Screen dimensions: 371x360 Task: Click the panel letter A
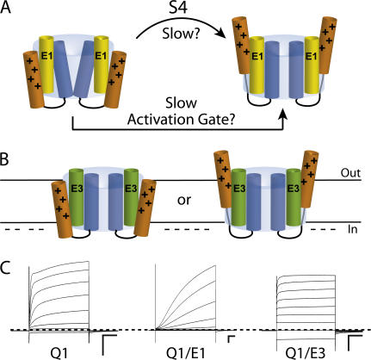click(x=5, y=7)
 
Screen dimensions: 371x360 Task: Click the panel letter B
click(x=4, y=160)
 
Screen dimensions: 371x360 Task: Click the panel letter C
click(x=5, y=269)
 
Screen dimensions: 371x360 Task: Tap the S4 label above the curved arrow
click(x=177, y=8)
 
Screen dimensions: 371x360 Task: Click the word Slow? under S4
click(x=180, y=34)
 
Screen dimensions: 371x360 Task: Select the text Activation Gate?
click(x=182, y=120)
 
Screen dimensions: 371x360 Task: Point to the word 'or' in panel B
click(x=184, y=201)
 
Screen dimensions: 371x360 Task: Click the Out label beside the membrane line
click(x=350, y=173)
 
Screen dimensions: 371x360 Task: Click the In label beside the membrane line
click(x=352, y=229)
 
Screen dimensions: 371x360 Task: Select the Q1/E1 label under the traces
click(x=186, y=353)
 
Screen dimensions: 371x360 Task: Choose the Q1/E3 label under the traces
click(x=306, y=353)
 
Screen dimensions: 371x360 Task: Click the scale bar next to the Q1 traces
click(x=109, y=344)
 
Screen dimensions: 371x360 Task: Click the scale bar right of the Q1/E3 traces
click(x=355, y=343)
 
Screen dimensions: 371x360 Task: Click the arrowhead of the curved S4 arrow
click(x=220, y=33)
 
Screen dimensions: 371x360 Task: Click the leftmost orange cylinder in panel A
click(x=34, y=79)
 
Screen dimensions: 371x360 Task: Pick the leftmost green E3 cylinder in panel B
click(x=77, y=197)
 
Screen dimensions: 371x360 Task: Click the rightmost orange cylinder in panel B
click(x=307, y=178)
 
